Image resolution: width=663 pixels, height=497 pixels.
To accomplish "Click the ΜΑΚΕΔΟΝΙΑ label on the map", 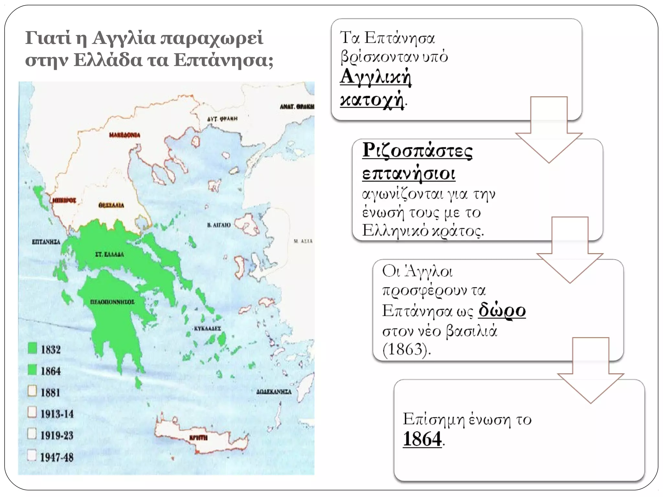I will (x=125, y=135).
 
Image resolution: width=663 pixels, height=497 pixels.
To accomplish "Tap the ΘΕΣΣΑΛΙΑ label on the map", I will (x=111, y=205).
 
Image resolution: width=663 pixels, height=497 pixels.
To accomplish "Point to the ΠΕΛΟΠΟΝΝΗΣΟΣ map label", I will (x=112, y=302).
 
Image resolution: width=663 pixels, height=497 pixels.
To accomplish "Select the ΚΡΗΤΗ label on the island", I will (x=198, y=438).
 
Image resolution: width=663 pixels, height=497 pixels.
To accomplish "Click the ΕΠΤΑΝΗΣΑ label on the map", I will (x=46, y=242).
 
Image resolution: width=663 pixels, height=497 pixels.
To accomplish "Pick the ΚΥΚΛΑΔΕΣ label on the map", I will (x=207, y=328).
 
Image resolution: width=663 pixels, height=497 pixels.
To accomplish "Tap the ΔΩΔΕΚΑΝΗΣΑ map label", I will (x=274, y=392).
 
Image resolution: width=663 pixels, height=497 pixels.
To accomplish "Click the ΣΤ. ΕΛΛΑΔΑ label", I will (x=109, y=254).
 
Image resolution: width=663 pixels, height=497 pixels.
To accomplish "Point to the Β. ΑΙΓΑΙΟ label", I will (x=219, y=225).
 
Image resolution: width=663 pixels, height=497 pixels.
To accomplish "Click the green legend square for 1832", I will (x=32, y=348).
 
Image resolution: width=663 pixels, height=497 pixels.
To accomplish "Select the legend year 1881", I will (x=51, y=392).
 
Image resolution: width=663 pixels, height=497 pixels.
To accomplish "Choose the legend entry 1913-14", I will (x=57, y=414).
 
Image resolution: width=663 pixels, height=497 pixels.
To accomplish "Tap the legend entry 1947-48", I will (x=57, y=457).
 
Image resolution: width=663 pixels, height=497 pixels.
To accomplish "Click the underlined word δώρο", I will (x=502, y=310).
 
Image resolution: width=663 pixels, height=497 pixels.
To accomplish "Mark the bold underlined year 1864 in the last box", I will (x=422, y=439).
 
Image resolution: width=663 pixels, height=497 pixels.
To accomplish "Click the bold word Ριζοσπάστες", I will (x=417, y=151).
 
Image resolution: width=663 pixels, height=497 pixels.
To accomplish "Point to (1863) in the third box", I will (x=406, y=350).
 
